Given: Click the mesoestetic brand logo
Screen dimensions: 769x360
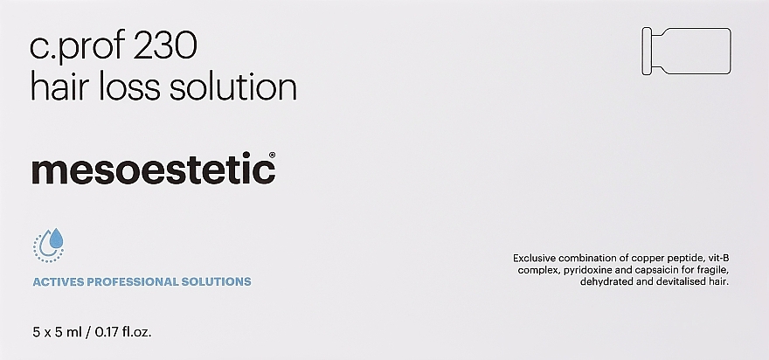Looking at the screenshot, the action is point(153,168).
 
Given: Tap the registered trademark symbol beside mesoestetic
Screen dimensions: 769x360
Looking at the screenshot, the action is point(272,155).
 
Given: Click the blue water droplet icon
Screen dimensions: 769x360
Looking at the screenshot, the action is point(49,245).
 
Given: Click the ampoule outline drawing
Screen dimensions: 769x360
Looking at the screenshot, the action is point(687,52).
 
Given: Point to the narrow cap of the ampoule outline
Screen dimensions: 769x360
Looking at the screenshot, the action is point(647,52).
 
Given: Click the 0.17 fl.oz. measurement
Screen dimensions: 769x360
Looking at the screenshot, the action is point(123,333).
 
